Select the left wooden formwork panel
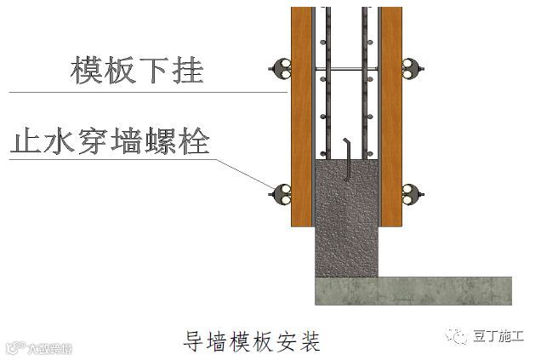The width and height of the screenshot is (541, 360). (x=301, y=119)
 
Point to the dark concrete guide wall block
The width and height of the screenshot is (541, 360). (x=345, y=221)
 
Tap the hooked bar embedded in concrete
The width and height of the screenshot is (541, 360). (x=347, y=157)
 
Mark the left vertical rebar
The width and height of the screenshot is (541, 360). (x=324, y=85)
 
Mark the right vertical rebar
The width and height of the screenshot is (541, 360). (x=367, y=85)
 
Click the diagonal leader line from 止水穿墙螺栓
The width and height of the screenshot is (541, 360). (x=247, y=174)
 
